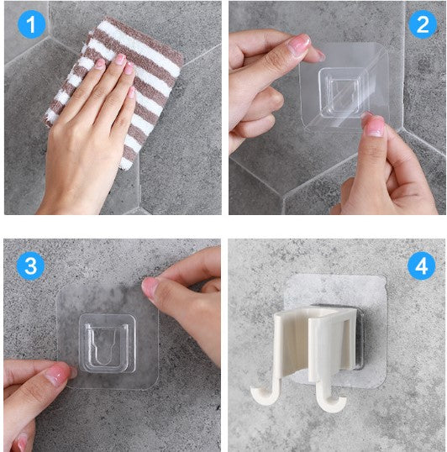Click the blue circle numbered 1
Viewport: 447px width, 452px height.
(x=31, y=24)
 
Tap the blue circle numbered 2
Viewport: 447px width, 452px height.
(x=423, y=24)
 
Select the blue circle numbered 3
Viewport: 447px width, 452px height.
(x=30, y=265)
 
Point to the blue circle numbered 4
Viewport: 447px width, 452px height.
(x=421, y=265)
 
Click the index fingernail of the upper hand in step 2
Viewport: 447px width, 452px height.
(x=300, y=43)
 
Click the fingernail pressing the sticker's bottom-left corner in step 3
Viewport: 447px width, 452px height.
(x=59, y=374)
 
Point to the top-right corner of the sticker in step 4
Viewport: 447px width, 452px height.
(x=385, y=277)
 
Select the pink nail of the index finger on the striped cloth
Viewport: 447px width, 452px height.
(x=120, y=59)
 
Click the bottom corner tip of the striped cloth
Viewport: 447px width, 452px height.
(x=124, y=168)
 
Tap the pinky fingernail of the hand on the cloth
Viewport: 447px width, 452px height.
(x=132, y=92)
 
